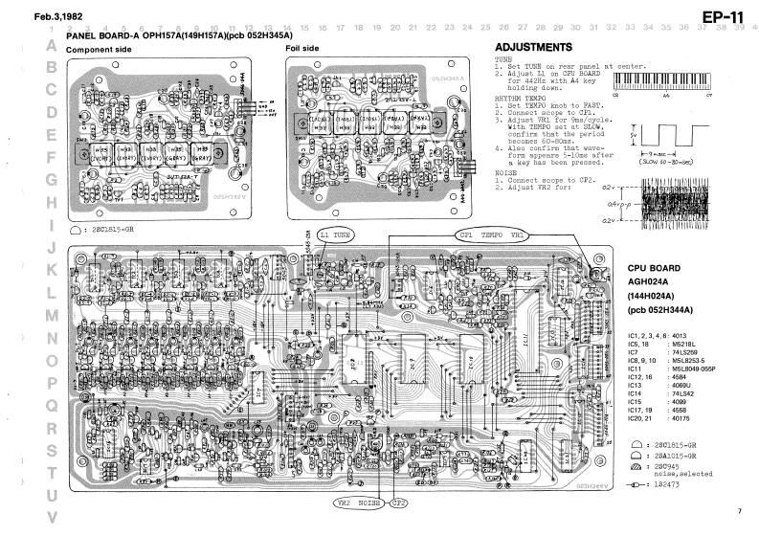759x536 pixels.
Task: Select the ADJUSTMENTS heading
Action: (x=533, y=49)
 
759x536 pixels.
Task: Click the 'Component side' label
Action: (x=99, y=49)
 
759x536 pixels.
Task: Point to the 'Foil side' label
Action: (x=303, y=49)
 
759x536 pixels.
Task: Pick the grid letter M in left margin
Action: (x=52, y=315)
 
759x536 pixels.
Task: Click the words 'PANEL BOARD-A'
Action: (x=100, y=36)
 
